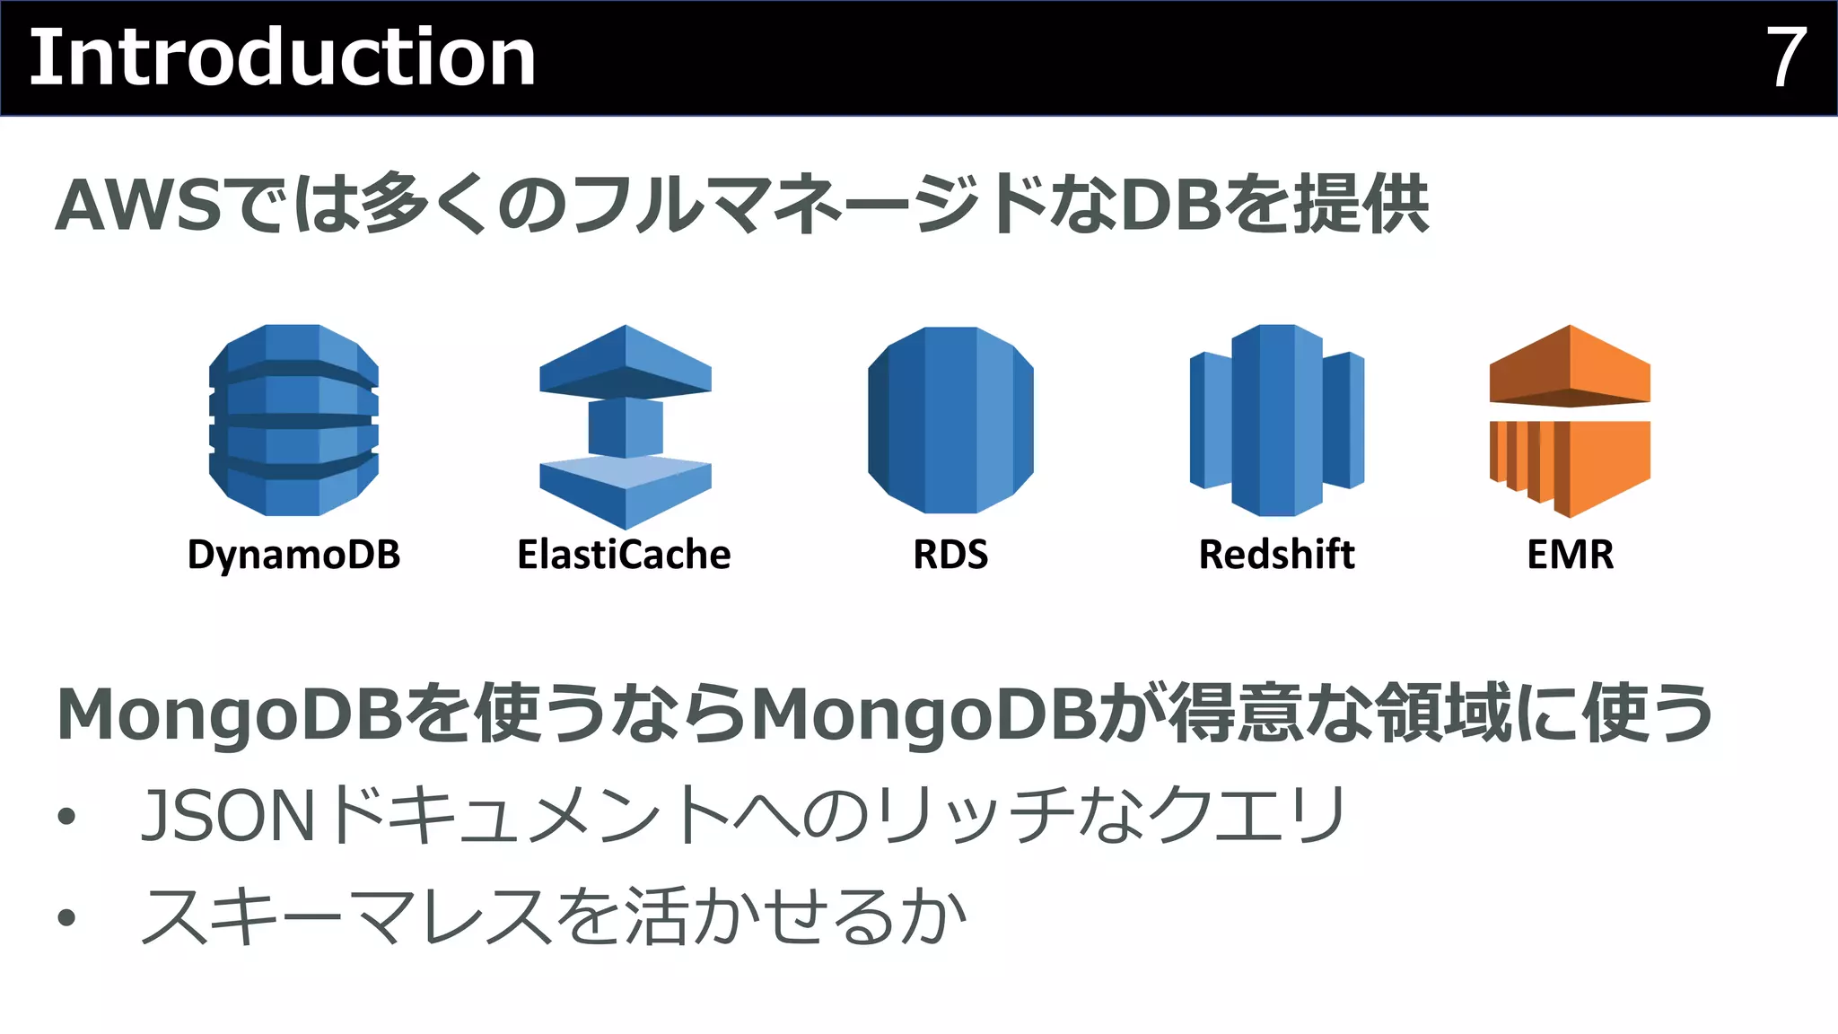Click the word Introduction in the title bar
[283, 58]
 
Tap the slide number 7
[1785, 58]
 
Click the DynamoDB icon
[293, 420]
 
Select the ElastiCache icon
[626, 425]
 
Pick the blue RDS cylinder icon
[950, 420]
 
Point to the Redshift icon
[1276, 420]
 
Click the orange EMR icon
[1570, 420]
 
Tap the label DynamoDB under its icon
[293, 555]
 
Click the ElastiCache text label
[624, 555]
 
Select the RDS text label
[950, 555]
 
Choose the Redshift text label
[1276, 555]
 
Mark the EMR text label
[1570, 555]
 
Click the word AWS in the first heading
[139, 206]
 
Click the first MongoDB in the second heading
[229, 715]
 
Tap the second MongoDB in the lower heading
[924, 715]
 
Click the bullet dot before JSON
[66, 817]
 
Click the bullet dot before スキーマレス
[66, 918]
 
